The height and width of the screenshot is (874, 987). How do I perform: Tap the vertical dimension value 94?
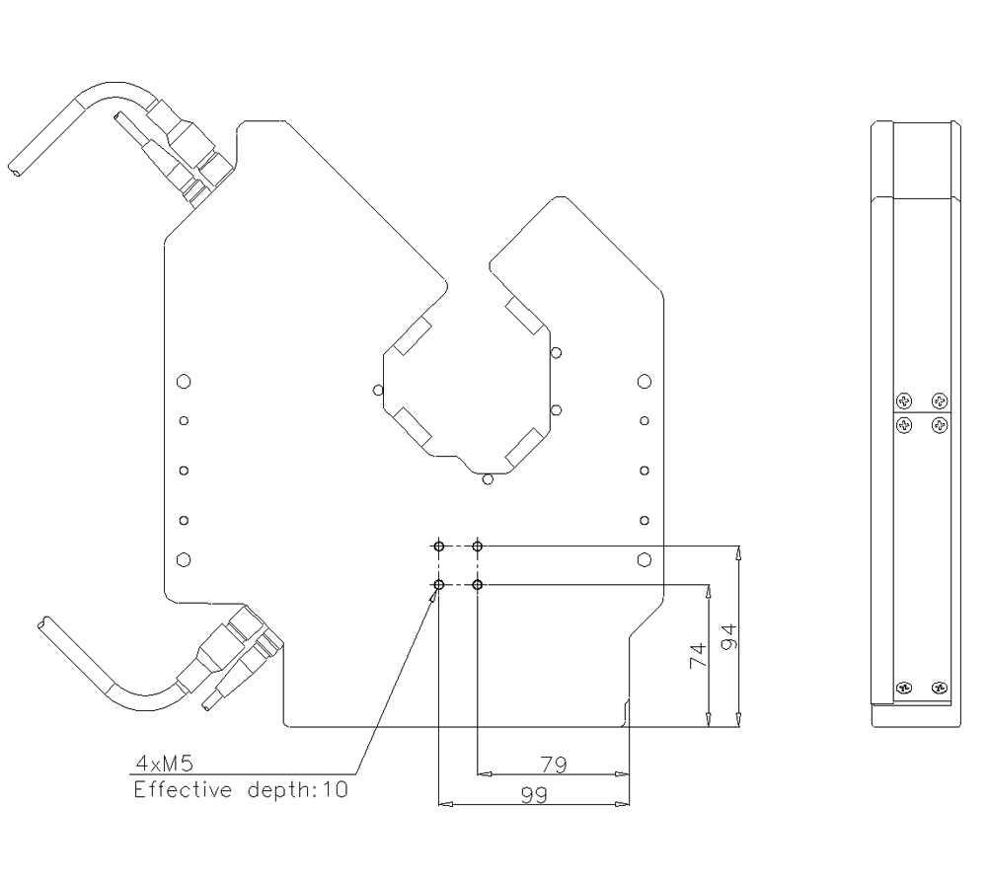point(727,636)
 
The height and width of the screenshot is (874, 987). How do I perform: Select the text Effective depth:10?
point(241,790)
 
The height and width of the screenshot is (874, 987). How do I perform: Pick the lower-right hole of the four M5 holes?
point(478,586)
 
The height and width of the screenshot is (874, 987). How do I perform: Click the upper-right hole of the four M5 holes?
point(478,546)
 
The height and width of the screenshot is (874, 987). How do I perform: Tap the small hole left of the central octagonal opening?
point(377,390)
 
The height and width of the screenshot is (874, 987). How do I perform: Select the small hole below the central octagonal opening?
point(487,480)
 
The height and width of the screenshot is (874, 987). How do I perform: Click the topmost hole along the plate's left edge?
point(183,381)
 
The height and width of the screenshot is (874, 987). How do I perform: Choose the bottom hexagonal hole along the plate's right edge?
point(644,559)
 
